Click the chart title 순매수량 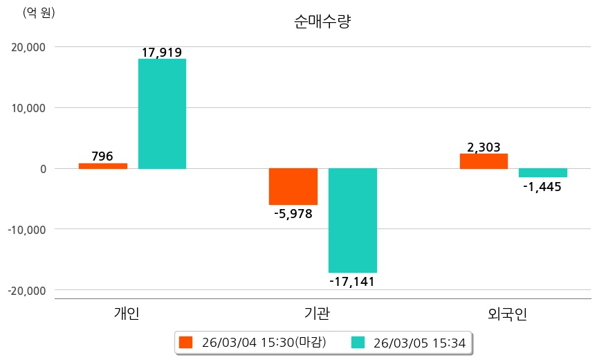323,22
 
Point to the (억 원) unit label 39,12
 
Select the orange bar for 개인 102,166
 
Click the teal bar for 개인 162,114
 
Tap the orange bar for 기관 293,186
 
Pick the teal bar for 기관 353,220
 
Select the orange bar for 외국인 484,161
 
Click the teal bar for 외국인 543,173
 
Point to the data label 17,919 162,53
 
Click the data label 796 102,156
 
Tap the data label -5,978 293,214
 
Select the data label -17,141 353,282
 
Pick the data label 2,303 484,147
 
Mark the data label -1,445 543,187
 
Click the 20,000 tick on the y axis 26,47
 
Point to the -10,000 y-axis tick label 24,229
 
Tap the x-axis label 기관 317,314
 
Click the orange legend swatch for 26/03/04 185,342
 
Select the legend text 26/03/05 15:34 419,342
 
